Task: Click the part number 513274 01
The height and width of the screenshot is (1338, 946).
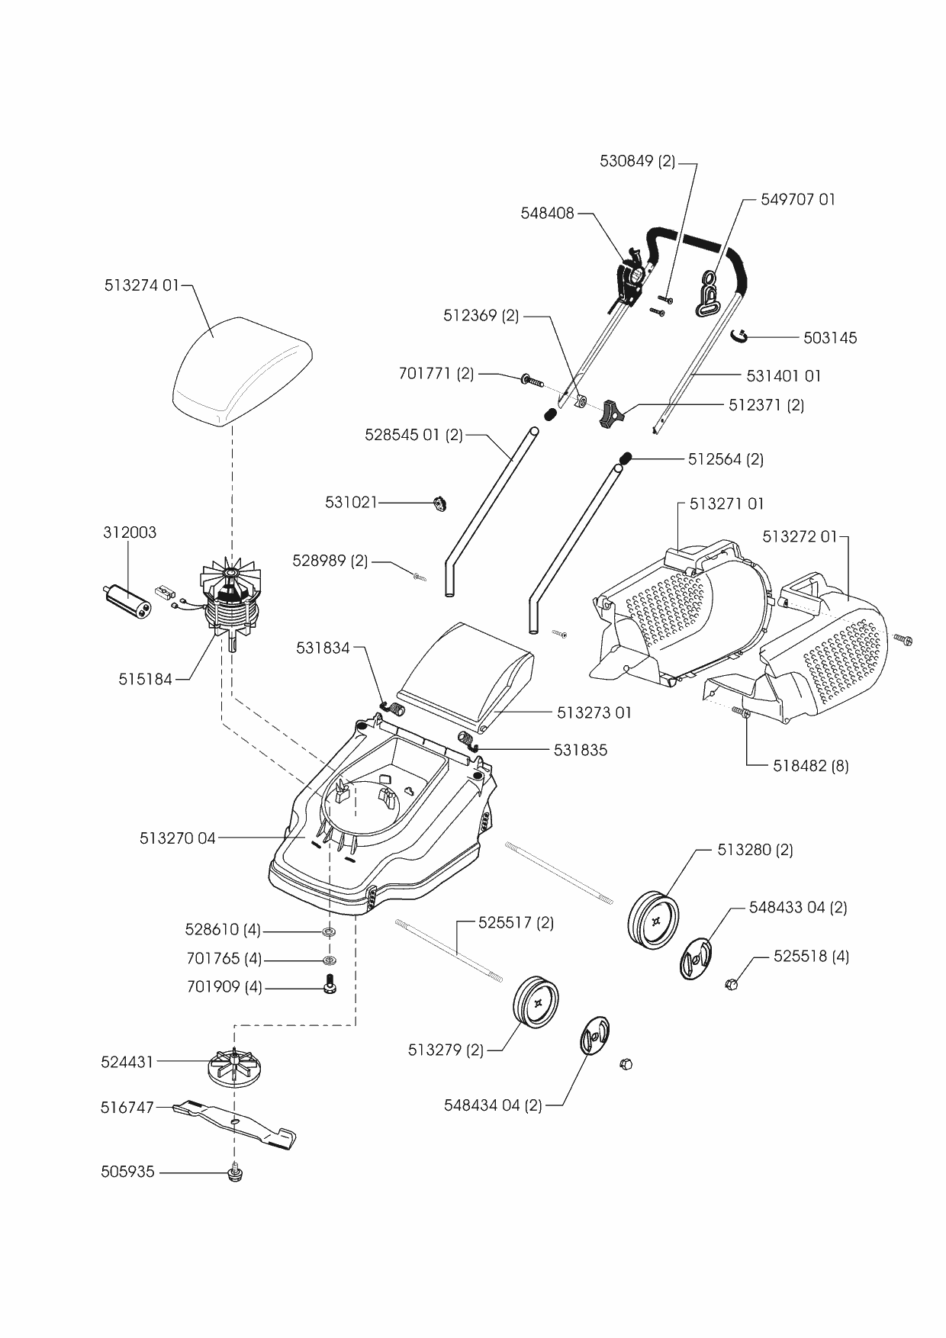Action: point(141,285)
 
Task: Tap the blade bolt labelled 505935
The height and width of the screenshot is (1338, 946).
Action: point(235,1172)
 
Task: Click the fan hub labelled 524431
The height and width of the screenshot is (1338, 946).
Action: point(235,1064)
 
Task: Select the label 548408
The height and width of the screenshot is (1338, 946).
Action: point(547,214)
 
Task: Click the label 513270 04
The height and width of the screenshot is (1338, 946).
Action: point(178,838)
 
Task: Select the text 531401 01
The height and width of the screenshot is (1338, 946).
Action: point(784,375)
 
